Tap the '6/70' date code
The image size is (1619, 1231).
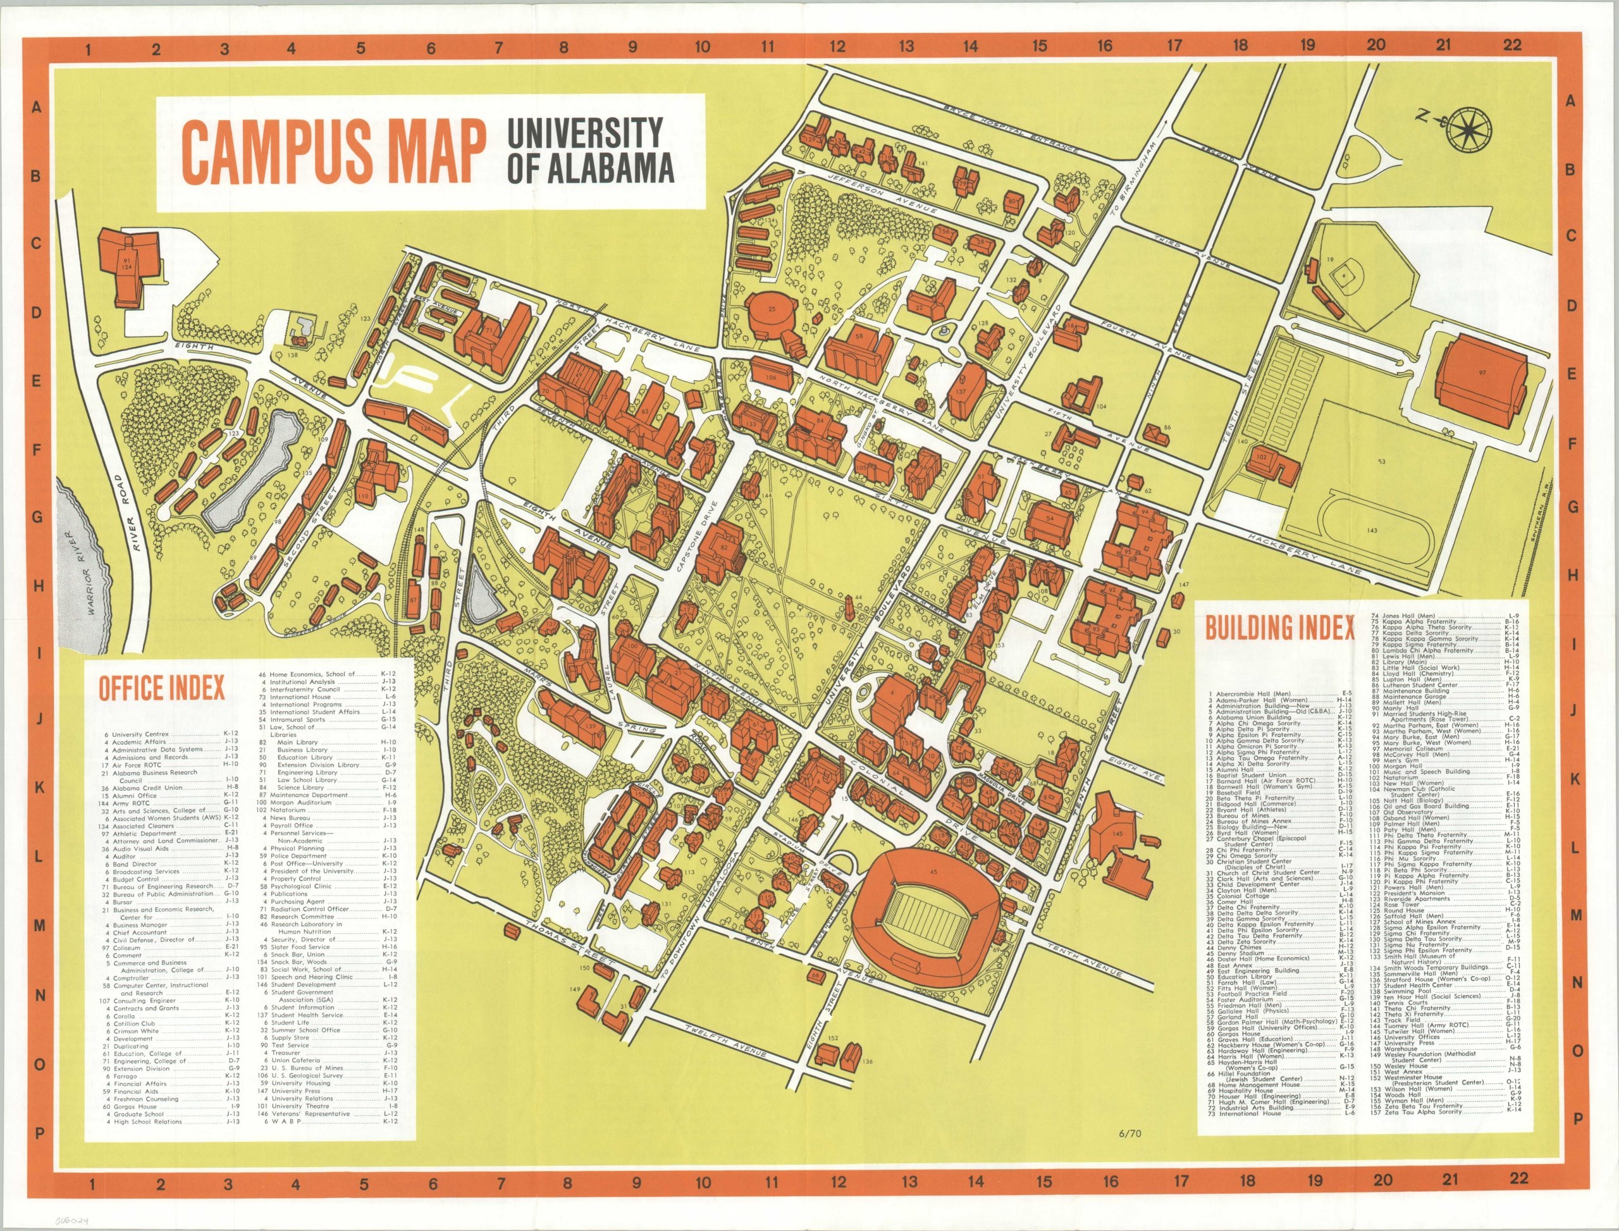1130,1134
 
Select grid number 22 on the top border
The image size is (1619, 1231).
1512,45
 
